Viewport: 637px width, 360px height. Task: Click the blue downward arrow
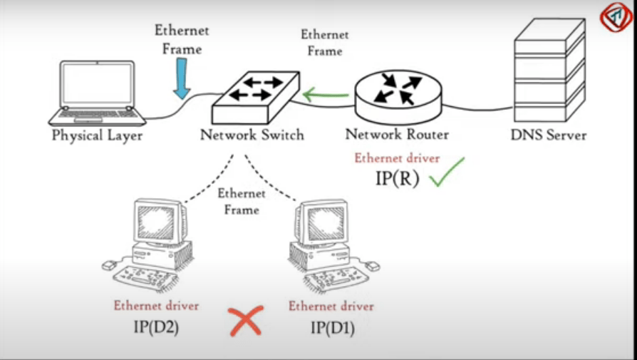click(182, 78)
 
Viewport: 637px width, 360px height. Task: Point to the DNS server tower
click(548, 71)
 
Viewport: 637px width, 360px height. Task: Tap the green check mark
click(446, 173)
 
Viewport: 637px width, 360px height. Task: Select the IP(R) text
click(397, 178)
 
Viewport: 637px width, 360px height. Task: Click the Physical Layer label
click(98, 135)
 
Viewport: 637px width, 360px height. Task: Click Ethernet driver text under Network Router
click(397, 158)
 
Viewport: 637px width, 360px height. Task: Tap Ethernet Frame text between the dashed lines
click(242, 201)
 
